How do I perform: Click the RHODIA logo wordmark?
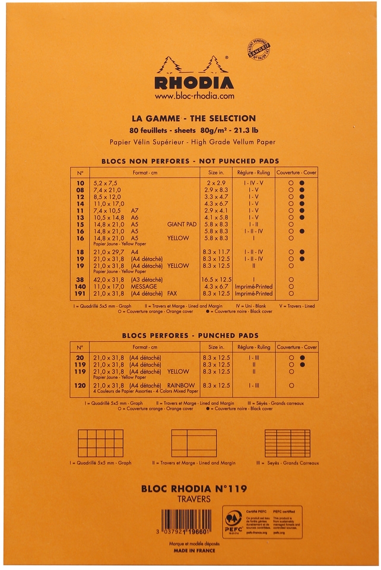click(194, 81)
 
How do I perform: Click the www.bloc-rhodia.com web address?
click(194, 96)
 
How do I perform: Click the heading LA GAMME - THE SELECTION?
click(193, 118)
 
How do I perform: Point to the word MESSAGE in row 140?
click(153, 286)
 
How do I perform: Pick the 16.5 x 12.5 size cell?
click(217, 278)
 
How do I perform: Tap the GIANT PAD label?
click(182, 224)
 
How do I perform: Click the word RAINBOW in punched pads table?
click(181, 385)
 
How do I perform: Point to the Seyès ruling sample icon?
click(287, 443)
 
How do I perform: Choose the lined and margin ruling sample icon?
click(194, 443)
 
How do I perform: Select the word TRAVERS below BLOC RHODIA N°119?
click(194, 499)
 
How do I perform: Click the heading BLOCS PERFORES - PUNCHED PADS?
click(190, 335)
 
